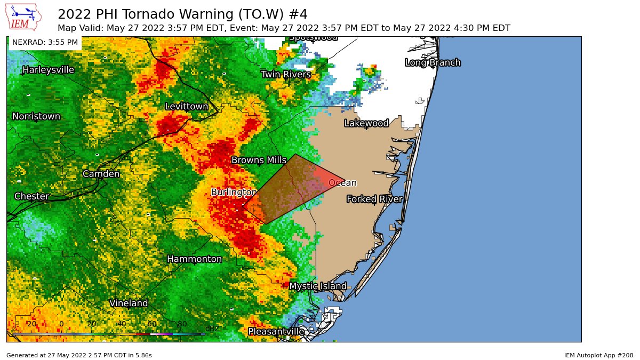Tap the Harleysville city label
point(48,70)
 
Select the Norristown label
point(36,116)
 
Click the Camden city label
point(101,174)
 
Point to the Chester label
point(31,196)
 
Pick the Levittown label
point(186,107)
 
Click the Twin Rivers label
point(286,74)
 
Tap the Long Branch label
point(433,63)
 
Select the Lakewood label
point(366,123)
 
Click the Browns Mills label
point(259,160)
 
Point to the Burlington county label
point(234,192)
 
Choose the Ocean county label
point(342,183)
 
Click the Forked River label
point(374,199)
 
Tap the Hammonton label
point(194,259)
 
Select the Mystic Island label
point(318,286)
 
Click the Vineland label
point(129,303)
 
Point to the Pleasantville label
point(276,332)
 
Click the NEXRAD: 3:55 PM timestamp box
point(45,42)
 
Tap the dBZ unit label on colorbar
point(212,329)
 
